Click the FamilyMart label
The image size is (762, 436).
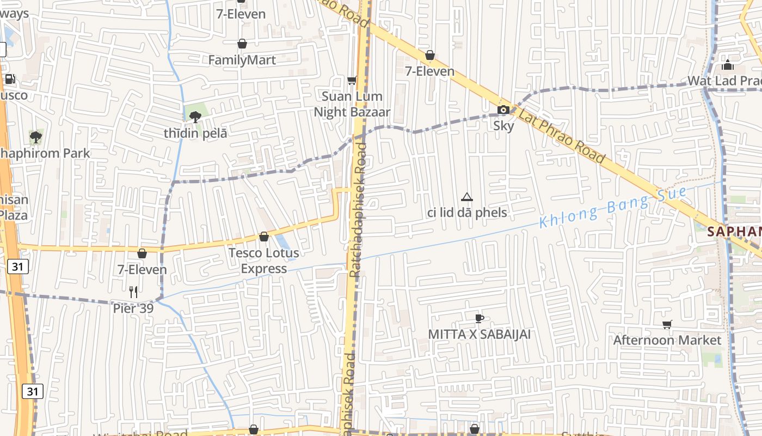(242, 60)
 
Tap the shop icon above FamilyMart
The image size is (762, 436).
(242, 44)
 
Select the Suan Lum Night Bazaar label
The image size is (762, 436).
(352, 104)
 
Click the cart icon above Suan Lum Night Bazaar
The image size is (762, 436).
(352, 81)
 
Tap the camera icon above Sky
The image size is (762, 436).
(503, 110)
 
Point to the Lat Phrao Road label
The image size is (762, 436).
(561, 135)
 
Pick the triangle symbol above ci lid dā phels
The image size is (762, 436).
(466, 197)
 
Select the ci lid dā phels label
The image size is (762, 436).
(467, 213)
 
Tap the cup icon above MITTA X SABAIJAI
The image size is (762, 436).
(479, 318)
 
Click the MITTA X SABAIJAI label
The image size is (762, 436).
(479, 334)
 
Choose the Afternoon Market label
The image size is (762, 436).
(667, 340)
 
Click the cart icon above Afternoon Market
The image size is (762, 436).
(667, 324)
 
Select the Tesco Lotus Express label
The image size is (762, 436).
(264, 261)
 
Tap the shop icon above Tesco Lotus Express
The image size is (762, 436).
(264, 237)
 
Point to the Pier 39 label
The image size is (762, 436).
(133, 308)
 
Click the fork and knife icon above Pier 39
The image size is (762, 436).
(133, 292)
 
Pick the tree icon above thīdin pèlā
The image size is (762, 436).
(195, 116)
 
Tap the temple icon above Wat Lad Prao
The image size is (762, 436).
(728, 65)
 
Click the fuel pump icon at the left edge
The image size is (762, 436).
(10, 79)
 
